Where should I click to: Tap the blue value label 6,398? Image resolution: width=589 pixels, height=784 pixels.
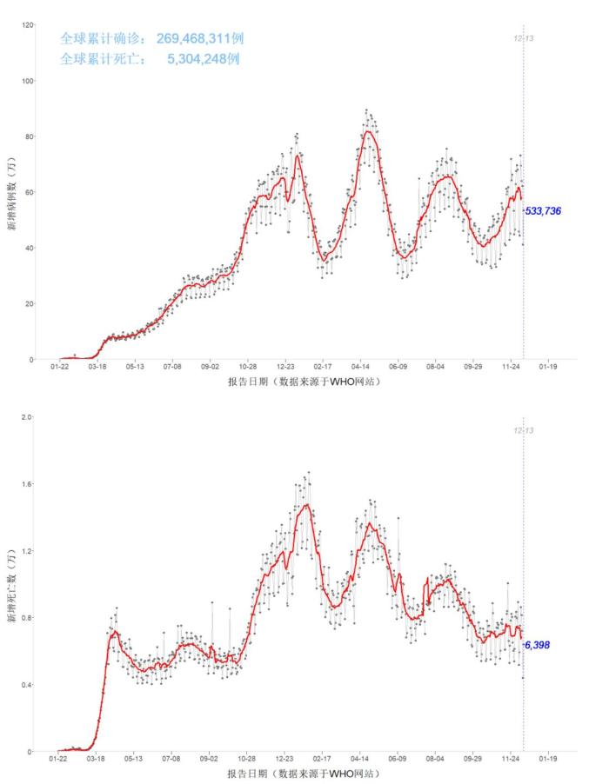pyautogui.click(x=548, y=645)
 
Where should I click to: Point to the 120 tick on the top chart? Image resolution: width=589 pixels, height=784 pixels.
pyautogui.click(x=28, y=25)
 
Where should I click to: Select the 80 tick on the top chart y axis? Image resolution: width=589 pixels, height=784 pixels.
pyautogui.click(x=30, y=136)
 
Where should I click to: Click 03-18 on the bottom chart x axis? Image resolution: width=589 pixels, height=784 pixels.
pyautogui.click(x=96, y=759)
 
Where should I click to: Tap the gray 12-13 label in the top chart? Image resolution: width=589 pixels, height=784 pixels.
pyautogui.click(x=522, y=38)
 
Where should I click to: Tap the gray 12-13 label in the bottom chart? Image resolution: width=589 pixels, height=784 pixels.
pyautogui.click(x=522, y=430)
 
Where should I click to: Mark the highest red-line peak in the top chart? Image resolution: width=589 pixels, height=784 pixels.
pyautogui.click(x=369, y=131)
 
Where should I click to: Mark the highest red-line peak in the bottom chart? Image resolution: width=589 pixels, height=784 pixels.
pyautogui.click(x=306, y=505)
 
